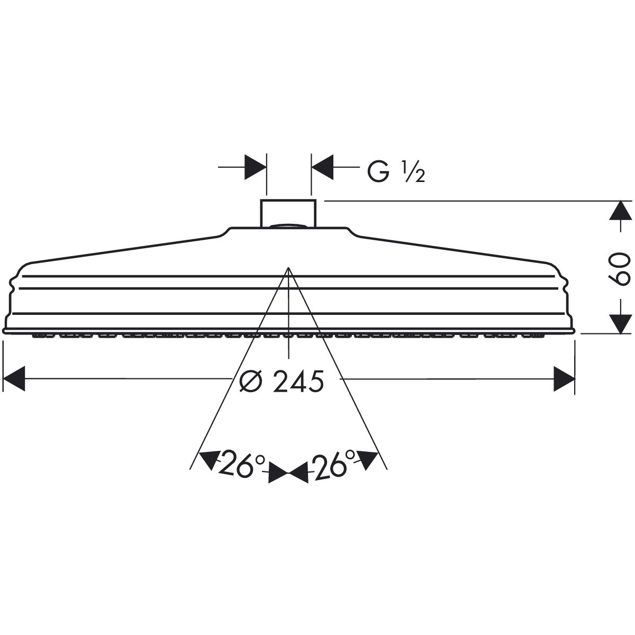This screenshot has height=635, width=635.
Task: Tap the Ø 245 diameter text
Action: (x=282, y=381)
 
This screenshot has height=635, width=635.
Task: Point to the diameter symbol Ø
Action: (x=251, y=381)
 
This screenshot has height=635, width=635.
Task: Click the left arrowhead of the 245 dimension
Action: (x=14, y=378)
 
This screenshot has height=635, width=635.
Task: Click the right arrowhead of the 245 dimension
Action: (x=564, y=379)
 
